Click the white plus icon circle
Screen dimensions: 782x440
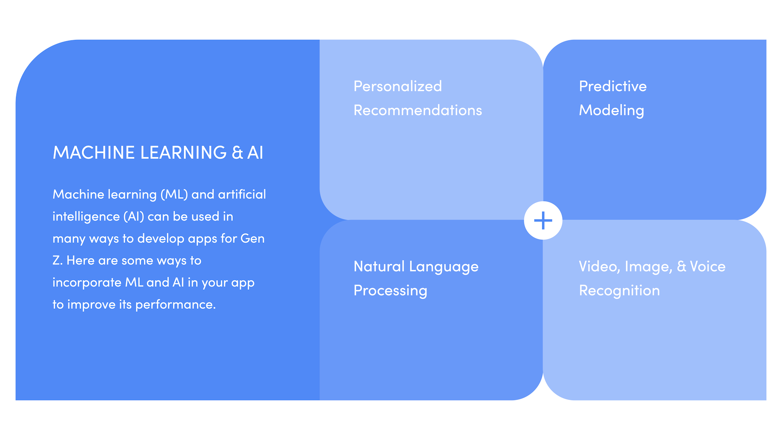[x=543, y=220]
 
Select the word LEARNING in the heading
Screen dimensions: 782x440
[x=183, y=153]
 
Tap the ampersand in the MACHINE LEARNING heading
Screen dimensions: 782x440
[x=238, y=153]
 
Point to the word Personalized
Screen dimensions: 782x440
[x=398, y=86]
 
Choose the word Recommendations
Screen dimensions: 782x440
[x=418, y=110]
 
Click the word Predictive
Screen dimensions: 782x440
[x=613, y=86]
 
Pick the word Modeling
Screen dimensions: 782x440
[x=611, y=111]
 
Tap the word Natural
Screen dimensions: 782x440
[x=379, y=266]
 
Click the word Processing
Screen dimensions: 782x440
[x=390, y=291]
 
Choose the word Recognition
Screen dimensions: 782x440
[x=619, y=291]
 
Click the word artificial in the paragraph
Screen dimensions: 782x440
[x=242, y=194]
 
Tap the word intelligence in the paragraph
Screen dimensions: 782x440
[x=86, y=217]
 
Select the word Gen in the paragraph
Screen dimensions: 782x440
[x=252, y=238]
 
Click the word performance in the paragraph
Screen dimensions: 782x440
[x=176, y=305]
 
